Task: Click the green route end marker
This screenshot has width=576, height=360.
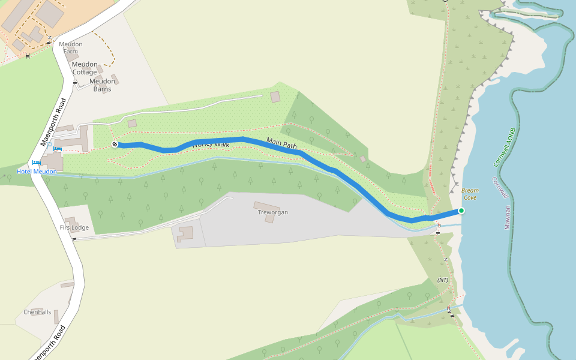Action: pyautogui.click(x=461, y=211)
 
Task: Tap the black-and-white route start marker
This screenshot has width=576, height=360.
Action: pyautogui.click(x=115, y=144)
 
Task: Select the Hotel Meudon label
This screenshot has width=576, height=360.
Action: pyautogui.click(x=37, y=172)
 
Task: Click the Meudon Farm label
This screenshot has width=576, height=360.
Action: pyautogui.click(x=71, y=47)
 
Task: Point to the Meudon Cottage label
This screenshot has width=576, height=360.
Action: pyautogui.click(x=84, y=68)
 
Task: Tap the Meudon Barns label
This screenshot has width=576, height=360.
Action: pyautogui.click(x=102, y=85)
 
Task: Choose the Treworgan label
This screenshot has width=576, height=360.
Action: pyautogui.click(x=273, y=212)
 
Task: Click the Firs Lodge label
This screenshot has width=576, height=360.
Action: pyautogui.click(x=74, y=227)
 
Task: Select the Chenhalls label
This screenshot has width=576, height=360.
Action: pyautogui.click(x=37, y=312)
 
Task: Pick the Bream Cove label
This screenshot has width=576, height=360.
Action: pyautogui.click(x=470, y=194)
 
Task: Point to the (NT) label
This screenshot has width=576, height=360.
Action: pyautogui.click(x=442, y=280)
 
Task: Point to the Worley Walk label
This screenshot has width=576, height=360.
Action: pyautogui.click(x=210, y=145)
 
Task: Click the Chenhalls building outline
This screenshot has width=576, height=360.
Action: pyautogui.click(x=56, y=316)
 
